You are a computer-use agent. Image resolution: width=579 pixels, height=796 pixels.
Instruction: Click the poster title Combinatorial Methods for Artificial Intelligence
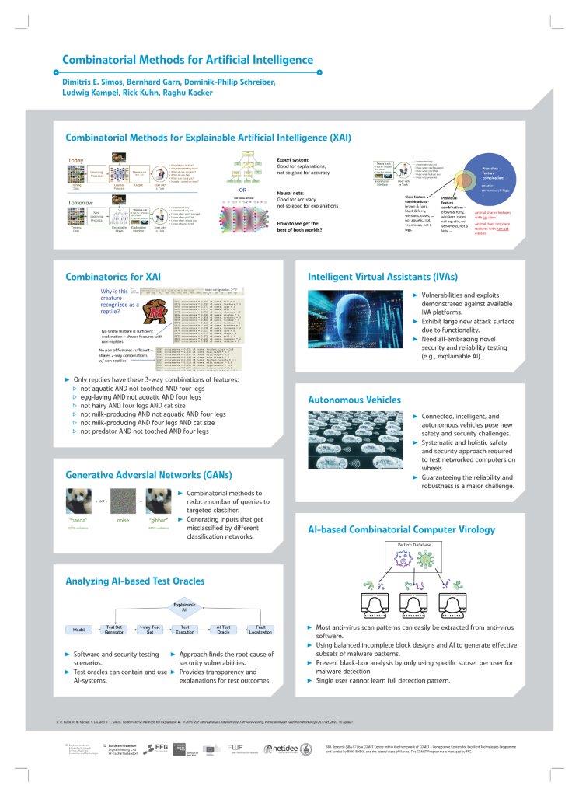(x=187, y=60)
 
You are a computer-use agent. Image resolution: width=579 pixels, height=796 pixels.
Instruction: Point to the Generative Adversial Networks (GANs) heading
(x=148, y=474)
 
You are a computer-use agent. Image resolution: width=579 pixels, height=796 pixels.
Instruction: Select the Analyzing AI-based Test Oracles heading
(x=135, y=580)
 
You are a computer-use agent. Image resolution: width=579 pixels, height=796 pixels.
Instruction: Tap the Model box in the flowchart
(x=78, y=628)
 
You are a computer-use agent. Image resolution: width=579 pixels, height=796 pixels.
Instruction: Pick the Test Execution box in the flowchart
(x=185, y=628)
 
